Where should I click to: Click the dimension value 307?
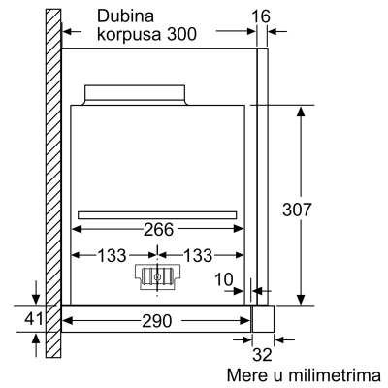297,210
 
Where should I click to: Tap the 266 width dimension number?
158,230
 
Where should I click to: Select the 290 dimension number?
157,321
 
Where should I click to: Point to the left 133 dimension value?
112,255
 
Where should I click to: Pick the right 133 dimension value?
198,255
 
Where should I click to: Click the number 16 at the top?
261,16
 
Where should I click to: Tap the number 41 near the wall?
34,319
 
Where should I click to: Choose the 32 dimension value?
262,355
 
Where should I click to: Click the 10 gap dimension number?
224,279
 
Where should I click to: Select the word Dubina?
125,16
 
